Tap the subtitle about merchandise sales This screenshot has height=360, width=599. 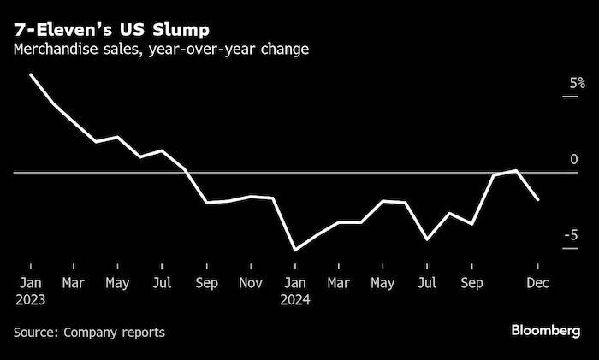pyautogui.click(x=161, y=49)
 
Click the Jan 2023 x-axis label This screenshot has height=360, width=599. pyautogui.click(x=29, y=291)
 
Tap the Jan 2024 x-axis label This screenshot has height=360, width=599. pyautogui.click(x=294, y=291)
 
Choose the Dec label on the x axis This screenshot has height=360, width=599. pyautogui.click(x=538, y=281)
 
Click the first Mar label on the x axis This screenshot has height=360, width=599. pyautogui.click(x=74, y=281)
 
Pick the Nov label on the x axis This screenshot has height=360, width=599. pyautogui.click(x=250, y=281)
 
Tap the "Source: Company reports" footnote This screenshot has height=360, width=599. pyautogui.click(x=89, y=332)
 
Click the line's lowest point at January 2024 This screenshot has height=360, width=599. pyautogui.click(x=294, y=250)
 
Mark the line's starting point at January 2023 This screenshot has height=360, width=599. pyautogui.click(x=30, y=74)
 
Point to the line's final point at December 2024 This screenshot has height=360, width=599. pyautogui.click(x=538, y=200)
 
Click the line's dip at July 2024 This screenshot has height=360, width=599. pyautogui.click(x=427, y=239)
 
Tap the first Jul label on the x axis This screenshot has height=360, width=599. pyautogui.click(x=162, y=281)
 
